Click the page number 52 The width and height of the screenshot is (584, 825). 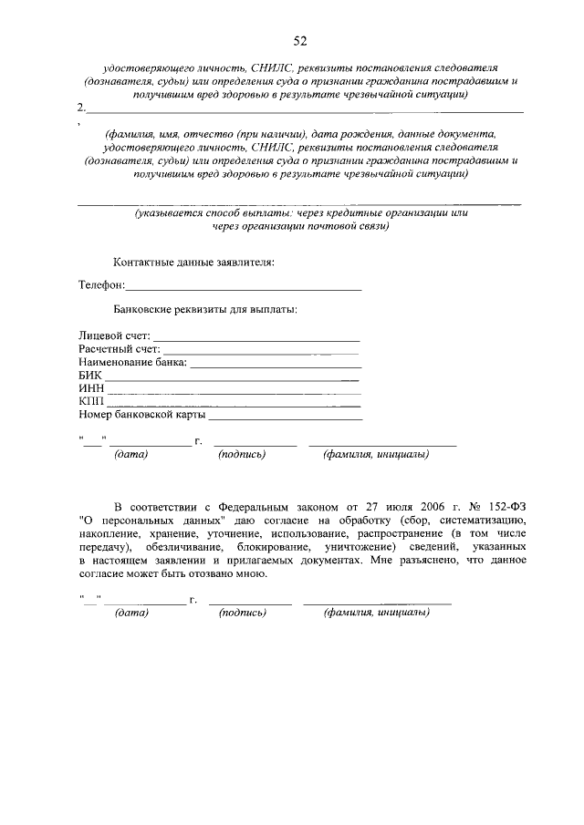[x=299, y=41]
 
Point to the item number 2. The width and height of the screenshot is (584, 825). [x=83, y=108]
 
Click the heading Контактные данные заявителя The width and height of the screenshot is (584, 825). [x=193, y=262]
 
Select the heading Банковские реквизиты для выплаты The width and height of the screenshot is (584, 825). [x=204, y=310]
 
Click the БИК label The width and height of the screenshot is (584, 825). [x=90, y=376]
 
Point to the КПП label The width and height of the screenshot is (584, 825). [x=91, y=402]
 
